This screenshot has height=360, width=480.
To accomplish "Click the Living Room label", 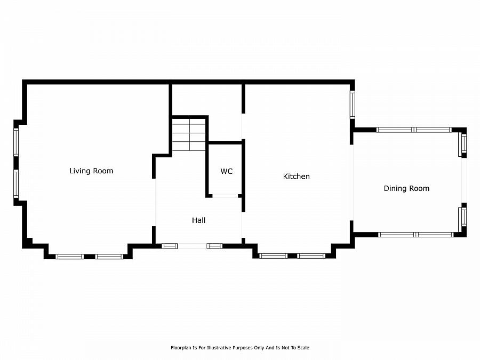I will pos(91,171).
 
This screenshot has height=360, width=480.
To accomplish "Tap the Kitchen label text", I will pos(296,176).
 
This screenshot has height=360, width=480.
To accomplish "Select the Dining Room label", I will pos(406,188).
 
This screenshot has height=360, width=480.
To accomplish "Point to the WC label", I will pos(227,171).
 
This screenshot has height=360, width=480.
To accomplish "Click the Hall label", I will pos(198,220).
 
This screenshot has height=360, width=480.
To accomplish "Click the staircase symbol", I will pos(189,134).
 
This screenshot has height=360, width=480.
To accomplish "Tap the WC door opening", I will pos(225,196).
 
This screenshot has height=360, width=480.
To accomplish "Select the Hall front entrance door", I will pos(193,246).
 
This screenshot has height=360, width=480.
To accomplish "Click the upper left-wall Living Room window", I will pos(16,142).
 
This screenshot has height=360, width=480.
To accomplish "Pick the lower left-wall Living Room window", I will pos(16,184).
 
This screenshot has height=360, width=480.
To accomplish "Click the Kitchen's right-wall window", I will pos(352,105).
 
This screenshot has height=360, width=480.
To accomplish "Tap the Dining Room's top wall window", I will pos(414,130).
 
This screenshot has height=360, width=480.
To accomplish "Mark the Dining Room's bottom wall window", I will pos(415,234).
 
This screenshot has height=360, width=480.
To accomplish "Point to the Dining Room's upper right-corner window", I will pos(463,144).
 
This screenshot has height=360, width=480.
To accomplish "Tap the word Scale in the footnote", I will pos(303,348).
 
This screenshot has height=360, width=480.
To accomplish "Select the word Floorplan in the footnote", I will pos(180,348).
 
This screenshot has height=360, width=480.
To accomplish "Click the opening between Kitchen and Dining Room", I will pos(353,181).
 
